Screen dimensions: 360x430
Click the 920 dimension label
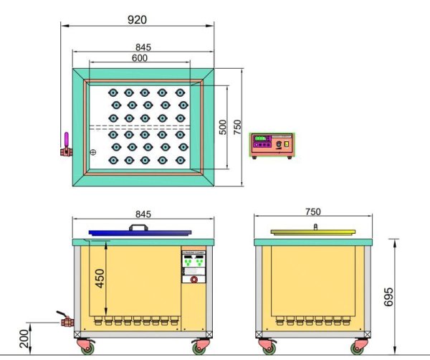click(136, 21)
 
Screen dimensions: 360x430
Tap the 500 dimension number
click(223, 127)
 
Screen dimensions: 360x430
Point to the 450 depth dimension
click(100, 277)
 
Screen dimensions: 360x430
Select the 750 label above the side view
click(312, 212)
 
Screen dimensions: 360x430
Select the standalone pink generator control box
click(271, 145)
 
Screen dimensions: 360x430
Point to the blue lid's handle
click(138, 227)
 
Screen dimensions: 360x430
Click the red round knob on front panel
click(193, 280)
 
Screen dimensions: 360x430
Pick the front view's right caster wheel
click(199, 347)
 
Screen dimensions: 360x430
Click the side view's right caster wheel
click(357, 348)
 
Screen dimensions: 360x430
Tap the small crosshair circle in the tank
click(92, 152)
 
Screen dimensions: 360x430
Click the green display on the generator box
click(261, 138)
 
